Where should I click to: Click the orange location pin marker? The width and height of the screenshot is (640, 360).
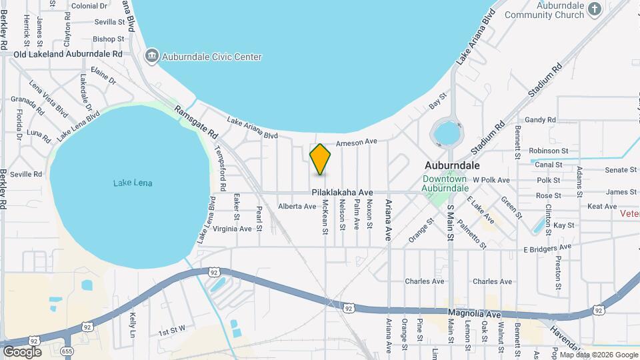coord(321,159)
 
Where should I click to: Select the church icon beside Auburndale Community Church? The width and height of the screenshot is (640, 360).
coord(596,9)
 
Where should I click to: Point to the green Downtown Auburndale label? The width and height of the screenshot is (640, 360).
coord(444,183)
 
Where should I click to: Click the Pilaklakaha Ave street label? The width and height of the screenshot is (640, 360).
coord(341,192)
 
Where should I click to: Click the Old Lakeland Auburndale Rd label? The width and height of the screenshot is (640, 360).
coord(68,54)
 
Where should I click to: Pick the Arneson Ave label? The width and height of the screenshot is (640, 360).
coord(357,142)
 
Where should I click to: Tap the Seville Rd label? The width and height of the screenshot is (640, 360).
coord(27,175)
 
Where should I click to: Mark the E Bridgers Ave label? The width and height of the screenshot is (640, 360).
coord(547,249)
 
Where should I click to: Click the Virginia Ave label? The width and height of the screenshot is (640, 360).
coord(231,229)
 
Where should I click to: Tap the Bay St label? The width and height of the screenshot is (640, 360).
coord(437,104)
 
